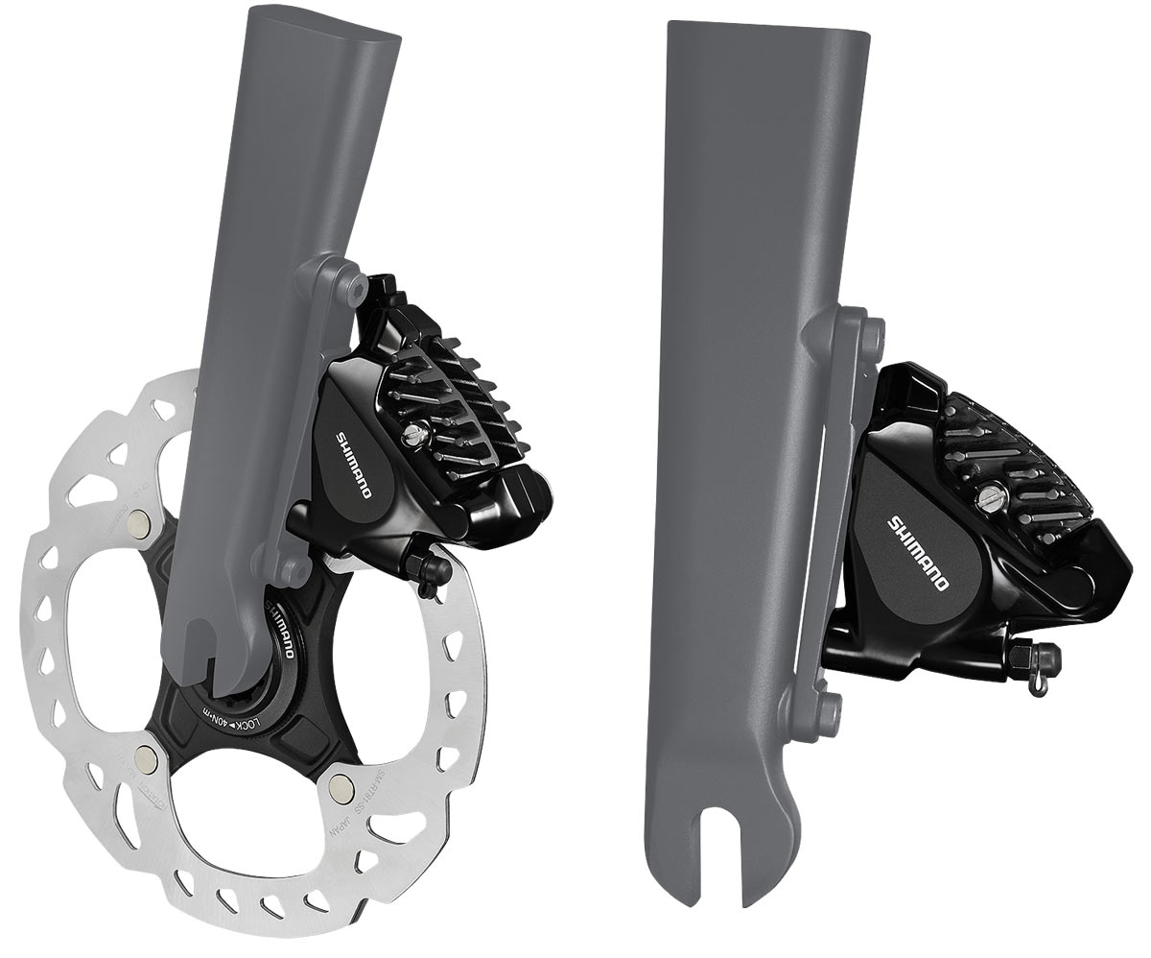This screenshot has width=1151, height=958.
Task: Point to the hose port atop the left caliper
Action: tap(382, 289)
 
